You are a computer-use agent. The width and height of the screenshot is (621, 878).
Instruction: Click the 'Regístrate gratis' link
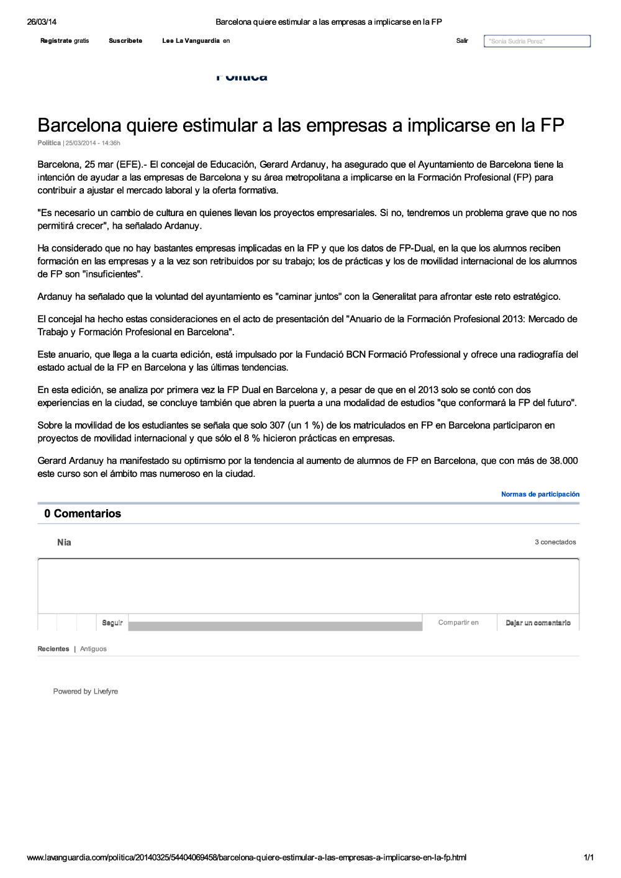(x=65, y=41)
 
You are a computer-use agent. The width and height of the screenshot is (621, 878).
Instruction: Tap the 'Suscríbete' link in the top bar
(x=125, y=41)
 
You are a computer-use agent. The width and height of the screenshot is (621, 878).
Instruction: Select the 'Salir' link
(x=462, y=41)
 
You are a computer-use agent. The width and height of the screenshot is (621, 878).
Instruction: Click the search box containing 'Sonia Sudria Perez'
(x=537, y=41)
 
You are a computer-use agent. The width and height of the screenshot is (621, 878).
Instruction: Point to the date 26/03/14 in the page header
(x=42, y=22)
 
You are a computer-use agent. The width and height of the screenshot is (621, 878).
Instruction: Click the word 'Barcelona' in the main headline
(x=79, y=125)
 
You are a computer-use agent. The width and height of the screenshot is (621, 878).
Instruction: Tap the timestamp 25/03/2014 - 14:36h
(x=93, y=143)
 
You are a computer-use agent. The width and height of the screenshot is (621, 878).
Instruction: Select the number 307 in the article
(x=277, y=425)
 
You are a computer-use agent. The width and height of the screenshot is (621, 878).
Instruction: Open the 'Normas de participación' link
(x=540, y=494)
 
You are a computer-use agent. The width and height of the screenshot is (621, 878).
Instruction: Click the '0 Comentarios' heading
(x=83, y=514)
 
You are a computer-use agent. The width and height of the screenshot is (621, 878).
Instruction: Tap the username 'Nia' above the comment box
(x=64, y=543)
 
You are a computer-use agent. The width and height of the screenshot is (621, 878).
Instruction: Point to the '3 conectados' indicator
(x=555, y=542)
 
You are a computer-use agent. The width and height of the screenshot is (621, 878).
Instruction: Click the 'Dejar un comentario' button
(x=538, y=623)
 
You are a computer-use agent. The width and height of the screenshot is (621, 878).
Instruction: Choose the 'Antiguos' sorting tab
(x=93, y=649)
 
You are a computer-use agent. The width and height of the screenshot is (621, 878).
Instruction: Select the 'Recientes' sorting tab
(x=53, y=649)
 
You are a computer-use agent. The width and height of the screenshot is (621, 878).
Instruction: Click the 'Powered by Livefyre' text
(x=86, y=691)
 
